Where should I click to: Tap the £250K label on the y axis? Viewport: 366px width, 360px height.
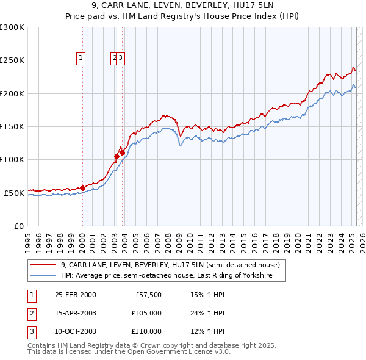(x=12, y=60)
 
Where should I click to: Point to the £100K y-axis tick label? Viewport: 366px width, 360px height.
(x=12, y=159)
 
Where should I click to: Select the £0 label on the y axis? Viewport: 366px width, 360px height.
(x=18, y=226)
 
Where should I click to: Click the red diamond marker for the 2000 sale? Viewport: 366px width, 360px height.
(x=82, y=188)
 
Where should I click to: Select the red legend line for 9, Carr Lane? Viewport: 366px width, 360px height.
(x=43, y=265)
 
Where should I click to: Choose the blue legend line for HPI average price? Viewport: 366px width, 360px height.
(x=43, y=276)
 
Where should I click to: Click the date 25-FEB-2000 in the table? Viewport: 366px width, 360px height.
(x=75, y=295)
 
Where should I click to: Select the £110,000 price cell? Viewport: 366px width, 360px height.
(x=146, y=331)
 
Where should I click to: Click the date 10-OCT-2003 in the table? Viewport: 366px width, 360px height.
(x=75, y=331)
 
